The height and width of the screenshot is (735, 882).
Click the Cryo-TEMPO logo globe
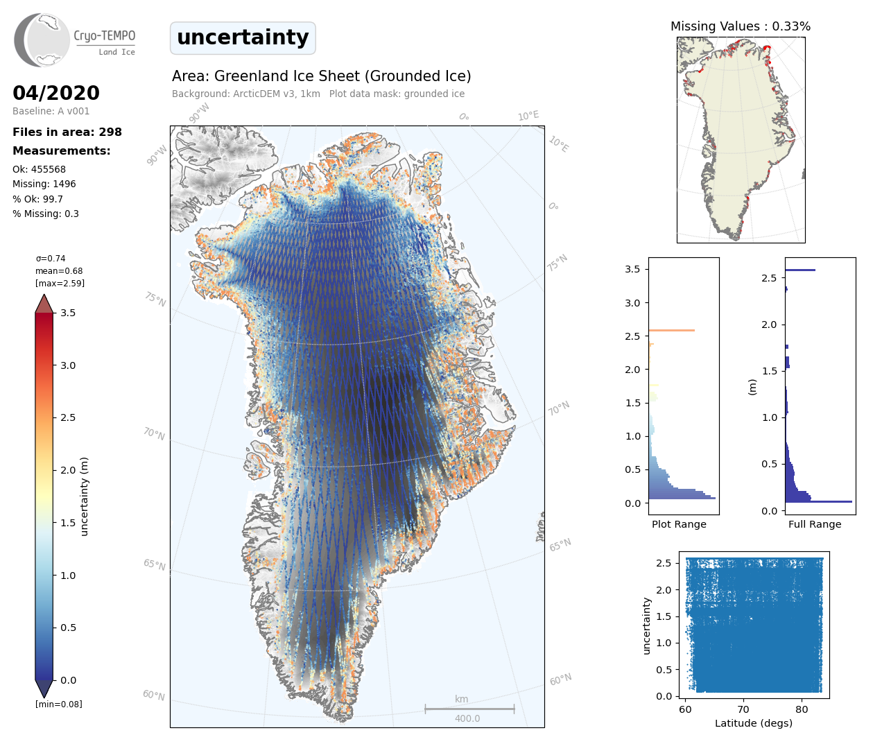pos(43,40)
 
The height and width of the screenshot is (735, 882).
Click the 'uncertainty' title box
pos(243,37)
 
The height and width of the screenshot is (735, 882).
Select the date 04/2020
pos(56,93)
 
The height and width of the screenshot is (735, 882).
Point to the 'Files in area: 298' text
pos(67,132)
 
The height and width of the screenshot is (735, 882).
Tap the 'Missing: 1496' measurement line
pos(44,184)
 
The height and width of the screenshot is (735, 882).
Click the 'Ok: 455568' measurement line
pos(40,169)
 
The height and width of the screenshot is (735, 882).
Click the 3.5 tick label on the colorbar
pos(68,313)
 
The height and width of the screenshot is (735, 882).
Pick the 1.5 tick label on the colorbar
pos(68,523)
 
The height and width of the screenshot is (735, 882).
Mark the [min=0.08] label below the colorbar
pos(59,704)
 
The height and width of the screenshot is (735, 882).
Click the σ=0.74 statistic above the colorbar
pos(51,259)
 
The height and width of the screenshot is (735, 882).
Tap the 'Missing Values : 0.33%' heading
pos(741,26)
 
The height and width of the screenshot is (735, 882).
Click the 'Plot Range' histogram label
pos(679,524)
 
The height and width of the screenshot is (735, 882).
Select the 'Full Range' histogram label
pos(815,524)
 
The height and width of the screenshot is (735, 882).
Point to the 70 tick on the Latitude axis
pos(743,709)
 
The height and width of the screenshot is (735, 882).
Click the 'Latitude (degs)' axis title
pos(754,723)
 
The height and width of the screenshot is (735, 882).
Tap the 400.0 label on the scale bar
pos(467,718)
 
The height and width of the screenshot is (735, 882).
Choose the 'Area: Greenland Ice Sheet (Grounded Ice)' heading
pos(322,76)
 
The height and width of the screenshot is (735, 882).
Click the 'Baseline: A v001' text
pos(51,111)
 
